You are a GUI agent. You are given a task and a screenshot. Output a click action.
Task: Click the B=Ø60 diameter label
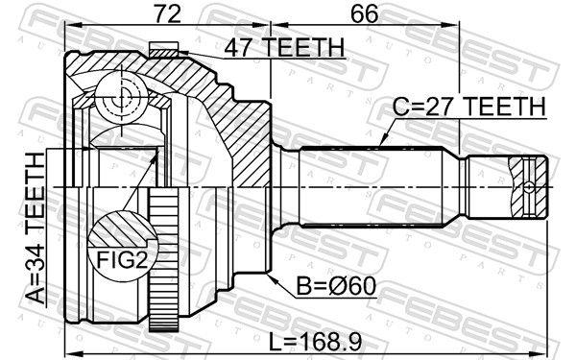320,283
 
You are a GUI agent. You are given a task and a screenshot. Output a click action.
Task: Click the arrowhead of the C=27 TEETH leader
382,144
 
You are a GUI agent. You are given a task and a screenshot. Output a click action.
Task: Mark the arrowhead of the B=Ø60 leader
272,276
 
